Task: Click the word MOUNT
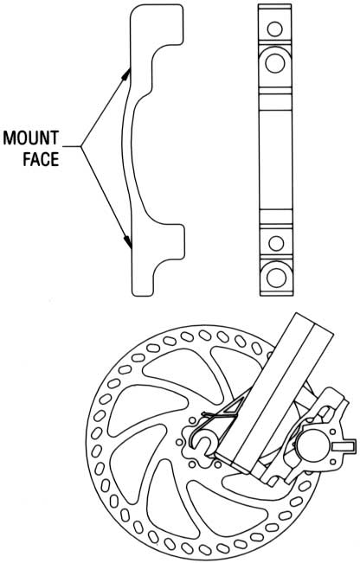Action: tap(31, 138)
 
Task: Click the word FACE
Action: tap(41, 159)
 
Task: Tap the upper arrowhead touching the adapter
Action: tap(125, 74)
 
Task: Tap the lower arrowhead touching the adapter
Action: tap(127, 242)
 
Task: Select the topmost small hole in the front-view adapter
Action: tap(275, 29)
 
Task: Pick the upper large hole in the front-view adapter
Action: tap(275, 63)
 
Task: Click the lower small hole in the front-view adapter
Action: tap(276, 243)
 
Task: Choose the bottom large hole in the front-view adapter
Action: tap(276, 278)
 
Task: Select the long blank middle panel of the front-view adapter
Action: tap(275, 159)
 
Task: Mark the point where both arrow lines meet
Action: tap(81, 146)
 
